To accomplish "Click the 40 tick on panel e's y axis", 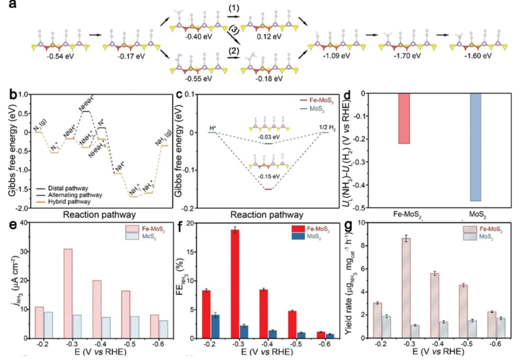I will pos(25,223).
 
